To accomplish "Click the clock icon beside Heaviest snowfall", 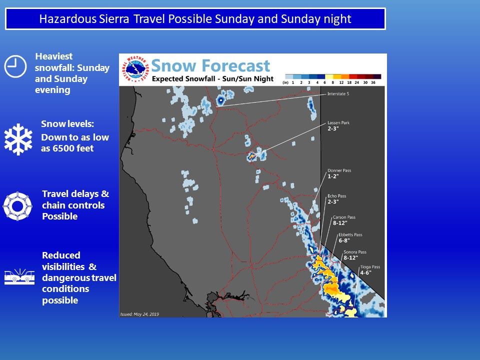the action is [x=15, y=66].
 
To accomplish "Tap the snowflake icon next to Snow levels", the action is [x=18, y=139].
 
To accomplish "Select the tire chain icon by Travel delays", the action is [x=17, y=206].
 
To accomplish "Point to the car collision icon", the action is [x=19, y=276].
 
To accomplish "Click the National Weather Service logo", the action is [x=135, y=69].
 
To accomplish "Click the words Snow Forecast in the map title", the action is [x=210, y=65].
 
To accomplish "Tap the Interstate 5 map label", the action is [x=338, y=93].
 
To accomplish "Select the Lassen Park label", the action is [x=338, y=123].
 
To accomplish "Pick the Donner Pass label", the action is [x=339, y=170].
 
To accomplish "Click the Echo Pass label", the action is [x=336, y=196].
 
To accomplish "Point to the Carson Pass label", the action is [x=344, y=217].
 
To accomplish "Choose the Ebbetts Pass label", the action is [x=350, y=235].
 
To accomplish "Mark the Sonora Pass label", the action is [x=355, y=252].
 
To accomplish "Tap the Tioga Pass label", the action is [x=370, y=267].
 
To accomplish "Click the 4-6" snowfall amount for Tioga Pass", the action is [x=365, y=273].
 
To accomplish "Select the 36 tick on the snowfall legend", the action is [x=373, y=82].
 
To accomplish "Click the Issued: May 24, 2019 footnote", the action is [x=139, y=314].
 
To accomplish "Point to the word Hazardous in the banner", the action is [x=67, y=19].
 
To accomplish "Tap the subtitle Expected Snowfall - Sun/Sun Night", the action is [x=212, y=78].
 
